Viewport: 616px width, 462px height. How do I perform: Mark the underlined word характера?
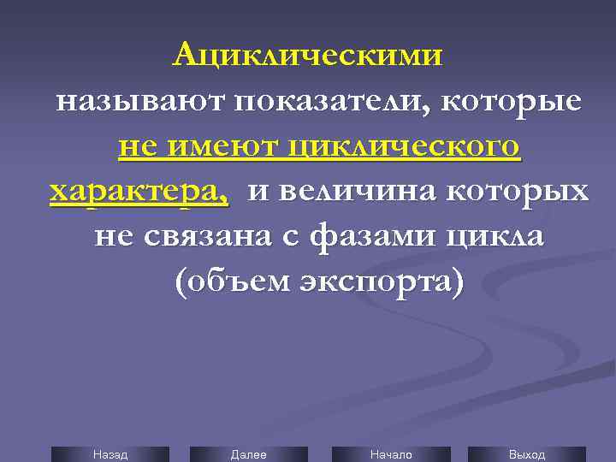click(x=139, y=191)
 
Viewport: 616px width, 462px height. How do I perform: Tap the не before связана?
click(x=113, y=235)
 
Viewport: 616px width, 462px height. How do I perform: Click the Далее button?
click(x=248, y=454)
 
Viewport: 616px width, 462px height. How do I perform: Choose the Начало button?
click(x=390, y=454)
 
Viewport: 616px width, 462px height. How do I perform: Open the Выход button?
click(x=527, y=454)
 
